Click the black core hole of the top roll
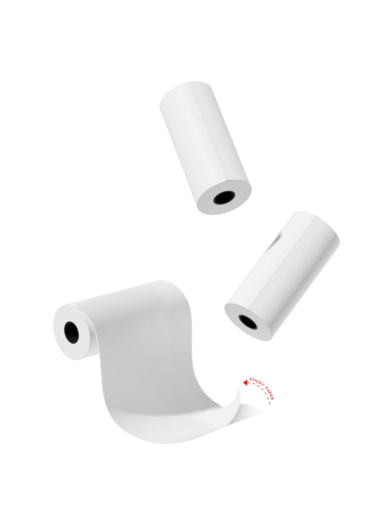[224, 197]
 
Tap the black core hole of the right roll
[248, 322]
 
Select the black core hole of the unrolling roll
[71, 333]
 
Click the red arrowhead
[246, 389]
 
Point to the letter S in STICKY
[251, 379]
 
